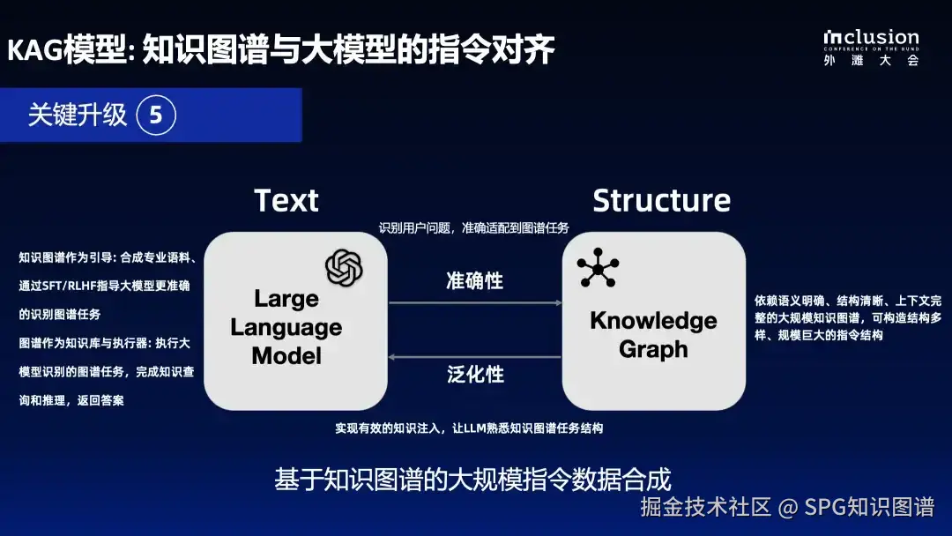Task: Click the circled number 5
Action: [x=156, y=115]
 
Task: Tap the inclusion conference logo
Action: [x=871, y=48]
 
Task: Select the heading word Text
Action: [x=286, y=200]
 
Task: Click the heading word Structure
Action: [x=662, y=200]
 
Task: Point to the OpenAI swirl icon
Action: [x=344, y=268]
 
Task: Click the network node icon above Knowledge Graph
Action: [x=598, y=267]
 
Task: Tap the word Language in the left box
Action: [x=286, y=328]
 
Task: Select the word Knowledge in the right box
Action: [x=653, y=321]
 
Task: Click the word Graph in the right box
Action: [x=653, y=350]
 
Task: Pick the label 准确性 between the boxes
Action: [x=475, y=281]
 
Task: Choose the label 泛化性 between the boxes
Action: [x=475, y=374]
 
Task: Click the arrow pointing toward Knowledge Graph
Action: [x=475, y=302]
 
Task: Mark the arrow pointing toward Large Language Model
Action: [x=475, y=357]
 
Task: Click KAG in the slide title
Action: [x=35, y=49]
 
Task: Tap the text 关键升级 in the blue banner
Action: [x=77, y=115]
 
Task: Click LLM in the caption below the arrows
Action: [x=475, y=428]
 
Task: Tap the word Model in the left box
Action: [x=286, y=355]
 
